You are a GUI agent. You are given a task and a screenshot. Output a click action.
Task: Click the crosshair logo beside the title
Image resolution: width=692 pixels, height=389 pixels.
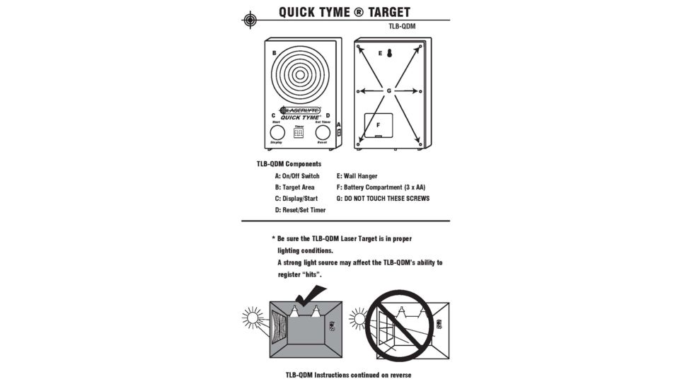tap(250, 19)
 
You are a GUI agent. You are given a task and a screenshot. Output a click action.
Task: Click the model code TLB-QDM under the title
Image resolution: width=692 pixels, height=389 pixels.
tap(402, 26)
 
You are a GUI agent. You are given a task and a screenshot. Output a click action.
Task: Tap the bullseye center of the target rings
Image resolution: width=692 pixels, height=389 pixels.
tap(300, 74)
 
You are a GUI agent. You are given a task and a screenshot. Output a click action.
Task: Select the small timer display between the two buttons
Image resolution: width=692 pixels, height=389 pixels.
tap(299, 133)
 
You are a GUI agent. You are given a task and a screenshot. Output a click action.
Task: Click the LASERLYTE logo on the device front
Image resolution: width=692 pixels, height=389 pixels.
tap(301, 110)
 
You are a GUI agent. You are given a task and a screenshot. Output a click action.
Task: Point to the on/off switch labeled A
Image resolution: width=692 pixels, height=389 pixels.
tap(338, 132)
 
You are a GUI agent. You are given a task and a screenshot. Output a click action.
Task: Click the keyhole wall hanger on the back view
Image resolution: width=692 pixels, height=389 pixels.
tap(389, 53)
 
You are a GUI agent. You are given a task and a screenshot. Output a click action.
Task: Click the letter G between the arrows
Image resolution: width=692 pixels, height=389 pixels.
tap(389, 91)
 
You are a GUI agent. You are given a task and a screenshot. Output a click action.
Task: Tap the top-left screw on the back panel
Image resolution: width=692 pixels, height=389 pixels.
tap(359, 48)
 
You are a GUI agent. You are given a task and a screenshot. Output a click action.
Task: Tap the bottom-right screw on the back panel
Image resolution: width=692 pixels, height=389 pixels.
tap(420, 145)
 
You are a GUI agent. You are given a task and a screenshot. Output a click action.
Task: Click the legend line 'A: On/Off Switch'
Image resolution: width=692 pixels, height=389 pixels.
tap(297, 176)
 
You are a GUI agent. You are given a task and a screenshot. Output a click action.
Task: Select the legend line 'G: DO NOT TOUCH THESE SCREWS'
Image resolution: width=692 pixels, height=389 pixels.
tap(383, 199)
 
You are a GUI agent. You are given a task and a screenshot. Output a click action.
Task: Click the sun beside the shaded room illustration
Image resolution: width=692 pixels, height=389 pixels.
tap(253, 318)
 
